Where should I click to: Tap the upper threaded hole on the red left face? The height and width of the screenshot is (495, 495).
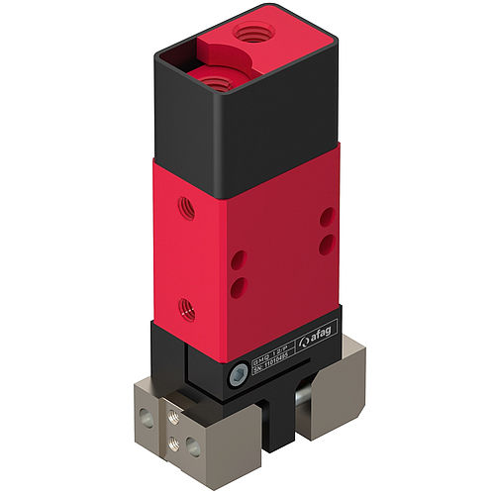click(x=184, y=208)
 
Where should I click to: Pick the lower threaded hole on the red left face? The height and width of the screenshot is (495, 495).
click(x=186, y=309)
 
